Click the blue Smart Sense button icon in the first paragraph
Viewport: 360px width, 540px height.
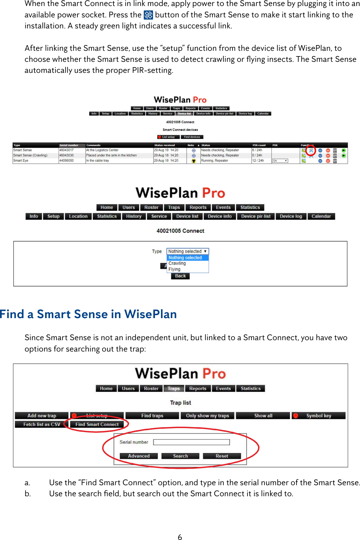point(148,15)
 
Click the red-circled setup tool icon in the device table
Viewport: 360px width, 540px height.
point(311,150)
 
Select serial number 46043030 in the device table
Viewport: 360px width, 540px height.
point(66,155)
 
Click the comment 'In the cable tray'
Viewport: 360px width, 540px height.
point(98,161)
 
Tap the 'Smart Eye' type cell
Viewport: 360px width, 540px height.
point(21,161)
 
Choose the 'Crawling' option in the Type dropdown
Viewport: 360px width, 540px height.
point(177,263)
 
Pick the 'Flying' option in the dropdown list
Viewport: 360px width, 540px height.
point(174,269)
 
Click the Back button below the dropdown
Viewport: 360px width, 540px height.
point(180,276)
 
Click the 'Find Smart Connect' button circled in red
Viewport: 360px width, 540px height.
point(97,424)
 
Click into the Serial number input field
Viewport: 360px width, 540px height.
point(191,442)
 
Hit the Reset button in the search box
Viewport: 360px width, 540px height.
point(222,456)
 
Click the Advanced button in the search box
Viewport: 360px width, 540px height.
point(139,456)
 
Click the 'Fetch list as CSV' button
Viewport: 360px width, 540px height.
point(42,424)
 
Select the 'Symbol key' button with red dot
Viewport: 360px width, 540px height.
point(318,416)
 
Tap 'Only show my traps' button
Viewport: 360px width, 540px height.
point(207,416)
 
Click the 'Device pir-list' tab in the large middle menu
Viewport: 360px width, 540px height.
point(256,217)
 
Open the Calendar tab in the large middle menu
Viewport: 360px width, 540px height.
point(321,217)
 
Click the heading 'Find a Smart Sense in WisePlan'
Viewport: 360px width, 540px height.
point(88,314)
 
